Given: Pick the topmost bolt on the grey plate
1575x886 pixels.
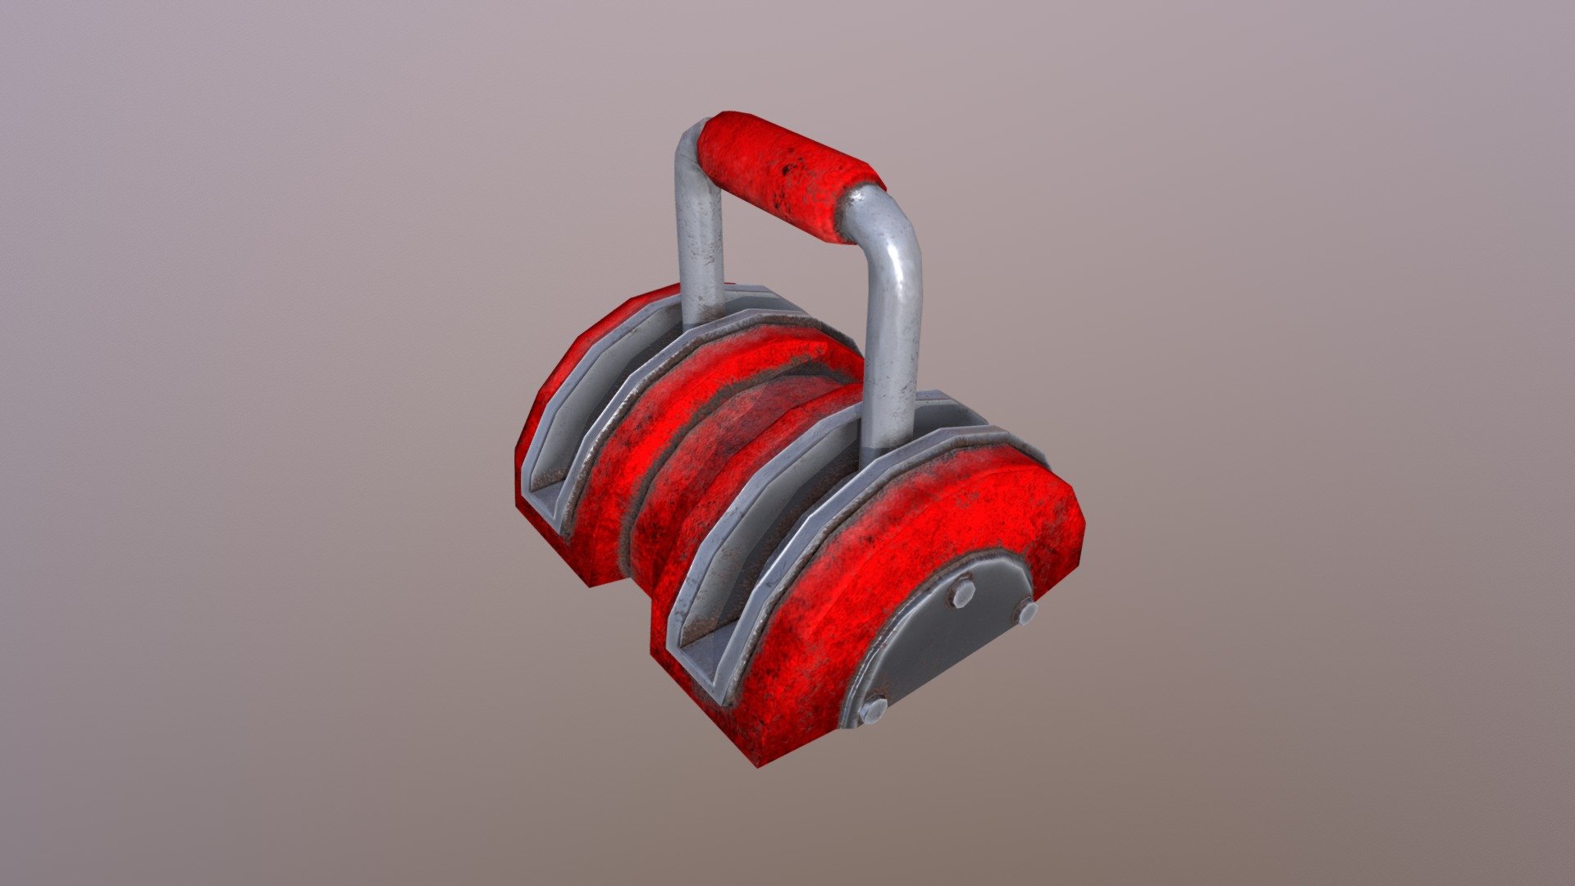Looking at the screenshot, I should tap(961, 591).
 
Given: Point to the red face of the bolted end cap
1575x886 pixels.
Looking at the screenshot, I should tap(829, 623).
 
